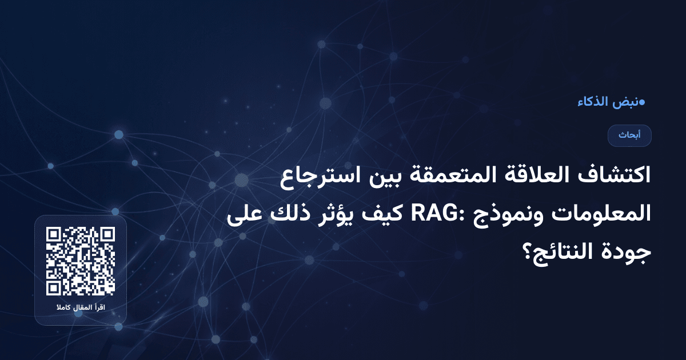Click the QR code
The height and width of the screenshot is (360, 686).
(81, 261)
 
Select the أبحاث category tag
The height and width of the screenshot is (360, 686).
(629, 135)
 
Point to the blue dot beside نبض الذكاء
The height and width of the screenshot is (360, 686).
(643, 102)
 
